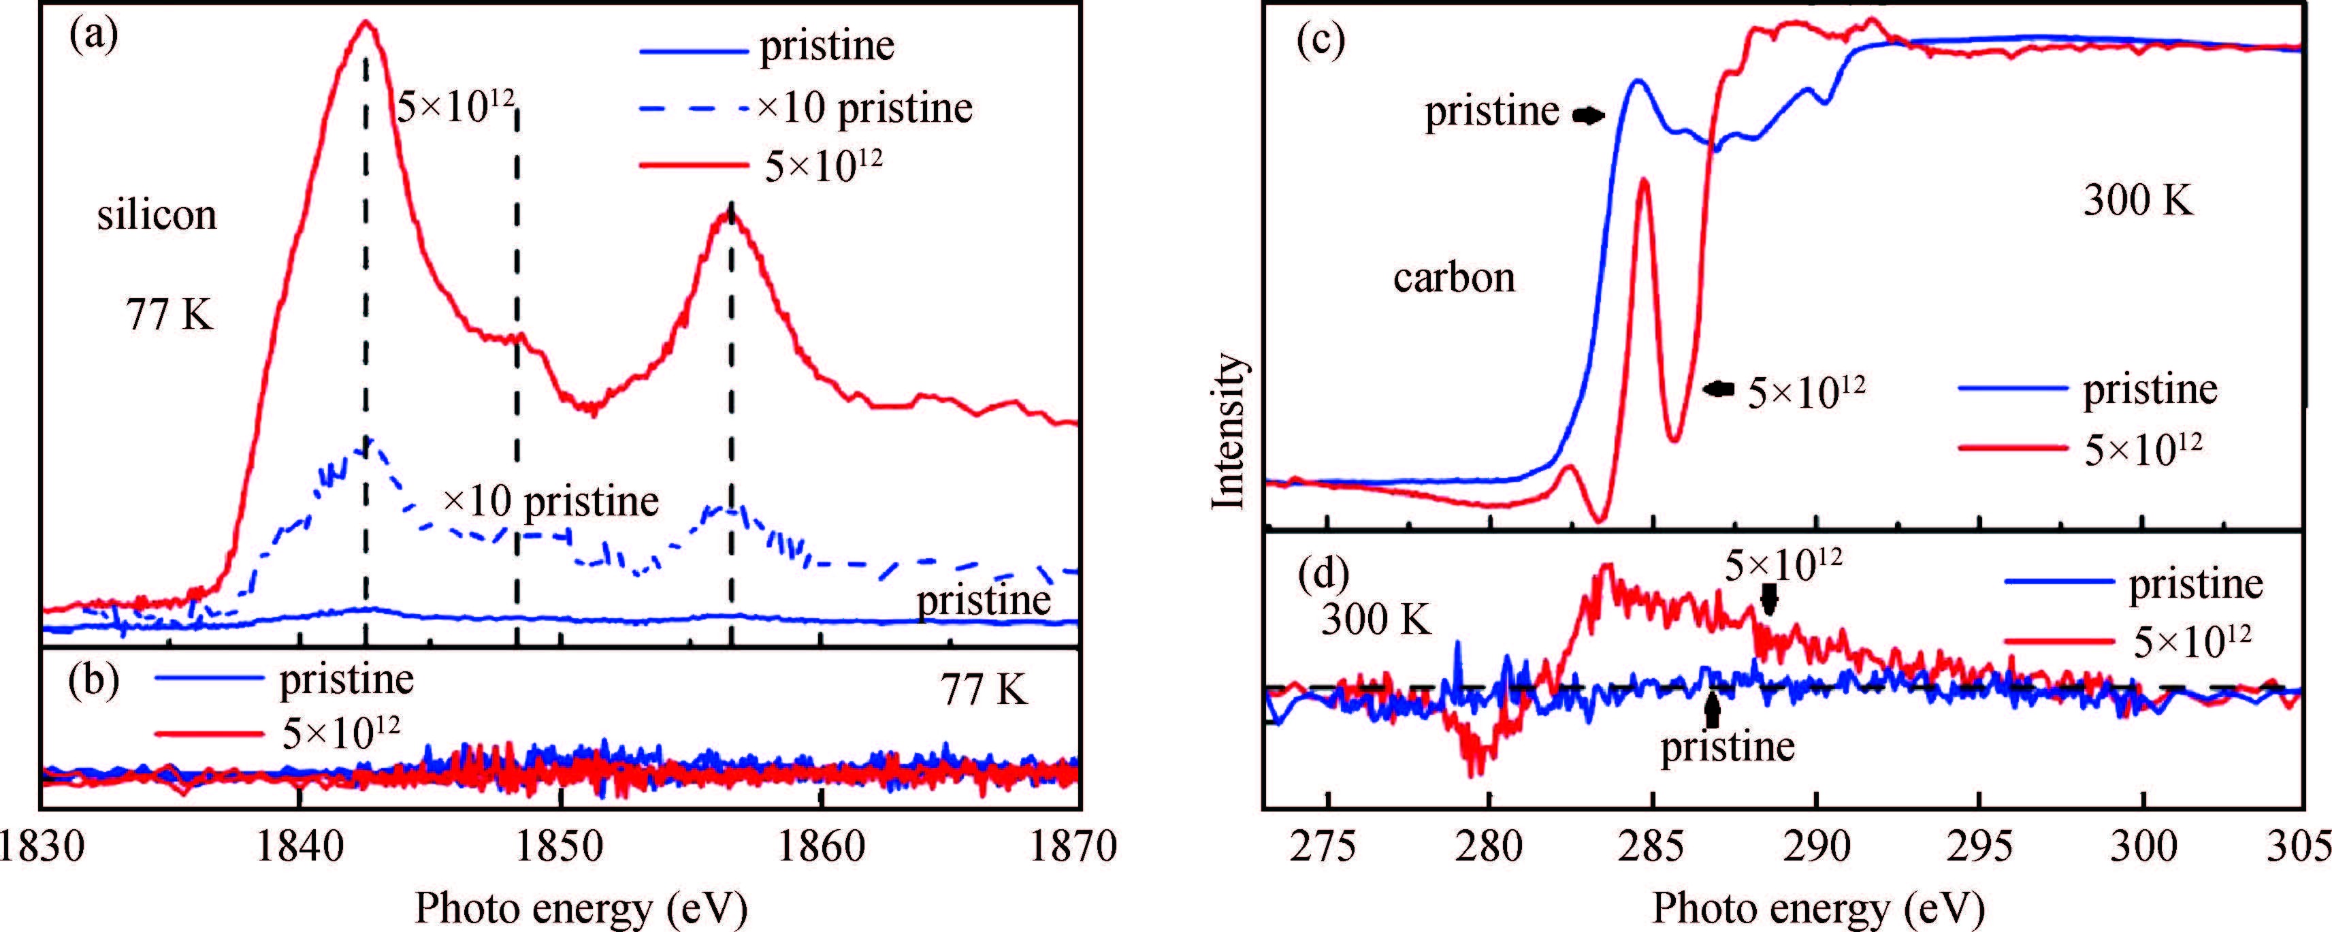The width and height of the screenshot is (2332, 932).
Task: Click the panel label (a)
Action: (93, 38)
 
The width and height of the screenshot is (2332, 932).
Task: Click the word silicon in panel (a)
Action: (157, 216)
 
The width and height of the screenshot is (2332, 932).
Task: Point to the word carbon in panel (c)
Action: (1454, 277)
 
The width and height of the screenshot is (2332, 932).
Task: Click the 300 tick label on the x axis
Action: (2143, 848)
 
